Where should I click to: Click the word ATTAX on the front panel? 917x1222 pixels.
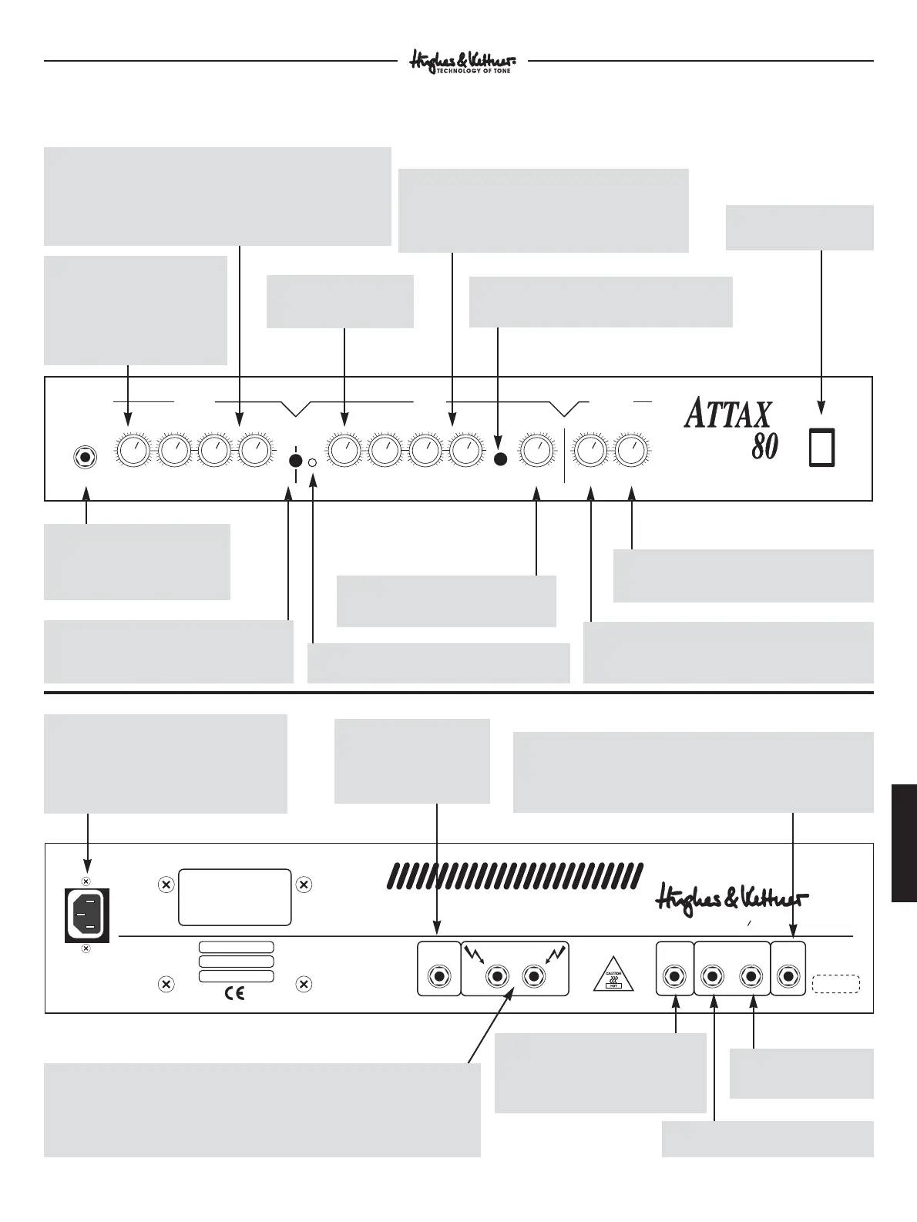pyautogui.click(x=727, y=414)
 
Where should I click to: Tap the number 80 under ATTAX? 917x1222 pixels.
pyautogui.click(x=764, y=447)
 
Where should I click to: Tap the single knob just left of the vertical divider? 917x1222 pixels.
pyautogui.click(x=536, y=450)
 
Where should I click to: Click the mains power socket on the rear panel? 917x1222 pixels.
pyautogui.click(x=87, y=914)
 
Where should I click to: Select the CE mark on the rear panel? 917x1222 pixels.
pyautogui.click(x=233, y=994)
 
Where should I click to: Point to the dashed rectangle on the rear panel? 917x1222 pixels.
pyautogui.click(x=836, y=984)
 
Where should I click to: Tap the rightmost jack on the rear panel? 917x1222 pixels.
pyautogui.click(x=788, y=976)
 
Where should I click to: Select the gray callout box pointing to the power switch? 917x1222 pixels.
pyautogui.click(x=799, y=227)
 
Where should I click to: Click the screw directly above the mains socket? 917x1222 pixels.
pyautogui.click(x=86, y=881)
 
